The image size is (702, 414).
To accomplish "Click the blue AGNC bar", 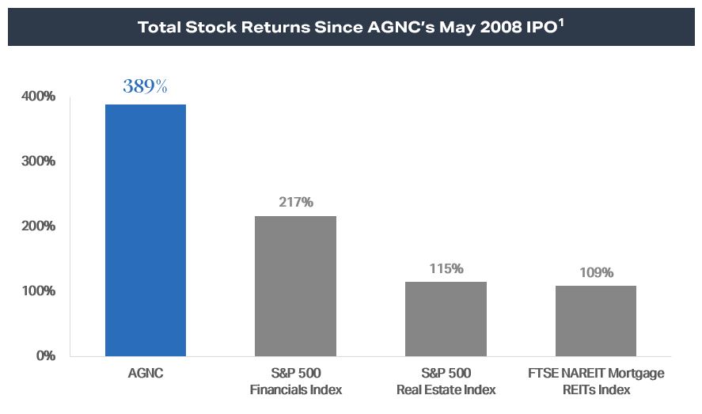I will coord(146,230).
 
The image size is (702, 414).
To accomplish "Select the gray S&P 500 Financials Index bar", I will coord(295,286).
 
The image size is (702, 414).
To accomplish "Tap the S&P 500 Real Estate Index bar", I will coord(446,318).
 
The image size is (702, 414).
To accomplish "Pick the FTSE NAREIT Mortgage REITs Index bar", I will coord(595,321).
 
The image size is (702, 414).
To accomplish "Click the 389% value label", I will coord(145,87).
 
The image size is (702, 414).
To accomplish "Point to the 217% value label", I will coord(295,202).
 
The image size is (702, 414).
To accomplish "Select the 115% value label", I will coord(446,268).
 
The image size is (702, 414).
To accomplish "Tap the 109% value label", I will coord(595,272).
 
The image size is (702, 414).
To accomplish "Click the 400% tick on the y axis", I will coord(39,97).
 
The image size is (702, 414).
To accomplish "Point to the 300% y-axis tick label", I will coord(39,161).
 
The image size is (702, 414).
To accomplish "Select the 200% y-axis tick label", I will coord(39,226).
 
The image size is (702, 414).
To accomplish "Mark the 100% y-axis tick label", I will coord(39,291).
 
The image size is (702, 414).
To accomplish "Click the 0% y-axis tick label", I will coord(44,356).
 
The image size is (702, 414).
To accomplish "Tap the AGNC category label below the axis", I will coord(145,373).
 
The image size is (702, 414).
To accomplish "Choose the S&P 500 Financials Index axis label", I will coord(295,381).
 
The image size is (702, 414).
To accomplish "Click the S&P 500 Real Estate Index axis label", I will coord(446,381).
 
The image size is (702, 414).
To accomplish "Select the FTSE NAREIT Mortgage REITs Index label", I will coord(595,381).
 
